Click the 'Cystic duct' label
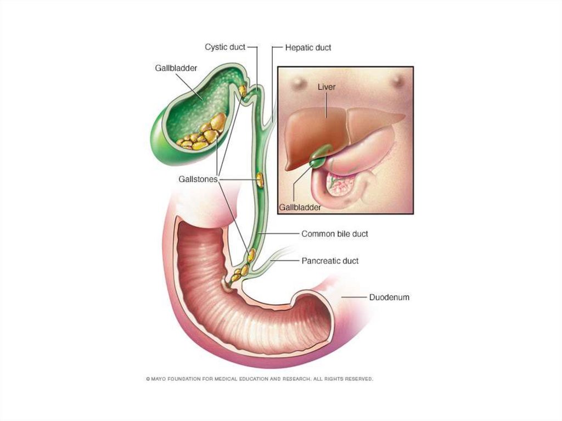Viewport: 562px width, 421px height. [225, 47]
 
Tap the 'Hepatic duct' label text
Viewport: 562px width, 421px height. [308, 48]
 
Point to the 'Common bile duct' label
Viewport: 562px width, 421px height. [334, 234]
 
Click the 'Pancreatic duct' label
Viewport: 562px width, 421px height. [330, 261]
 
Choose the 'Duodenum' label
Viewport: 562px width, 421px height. [389, 297]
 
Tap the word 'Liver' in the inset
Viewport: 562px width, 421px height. [327, 87]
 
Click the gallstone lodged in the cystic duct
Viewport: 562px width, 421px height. [242, 90]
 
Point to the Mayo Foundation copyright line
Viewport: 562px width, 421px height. [259, 379]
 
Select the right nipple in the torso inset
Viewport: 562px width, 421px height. [398, 81]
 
